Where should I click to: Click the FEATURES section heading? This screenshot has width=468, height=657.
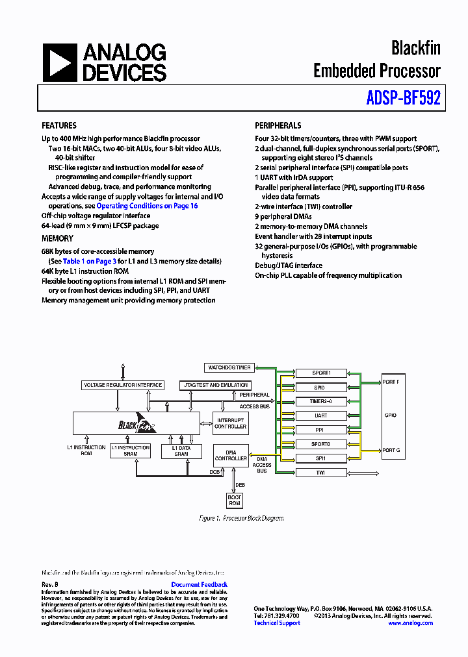tap(59, 126)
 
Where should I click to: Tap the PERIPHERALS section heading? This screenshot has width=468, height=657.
tap(278, 126)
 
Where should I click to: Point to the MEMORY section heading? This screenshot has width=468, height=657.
tap(57, 239)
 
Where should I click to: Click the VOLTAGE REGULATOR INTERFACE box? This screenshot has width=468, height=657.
tap(123, 385)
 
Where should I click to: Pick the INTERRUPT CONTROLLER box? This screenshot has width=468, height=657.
tap(231, 423)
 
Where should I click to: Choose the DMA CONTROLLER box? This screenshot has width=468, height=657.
tap(231, 455)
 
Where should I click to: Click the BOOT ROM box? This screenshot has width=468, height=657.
tap(234, 501)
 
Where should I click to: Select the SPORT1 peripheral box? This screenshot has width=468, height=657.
tap(320, 373)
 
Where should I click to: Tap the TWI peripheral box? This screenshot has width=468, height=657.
tap(320, 473)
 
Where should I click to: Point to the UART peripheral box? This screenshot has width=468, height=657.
tap(320, 415)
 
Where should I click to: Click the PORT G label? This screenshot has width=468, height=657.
tap(391, 450)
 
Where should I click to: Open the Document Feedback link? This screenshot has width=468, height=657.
tap(199, 584)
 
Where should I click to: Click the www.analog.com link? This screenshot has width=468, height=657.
tap(410, 623)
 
